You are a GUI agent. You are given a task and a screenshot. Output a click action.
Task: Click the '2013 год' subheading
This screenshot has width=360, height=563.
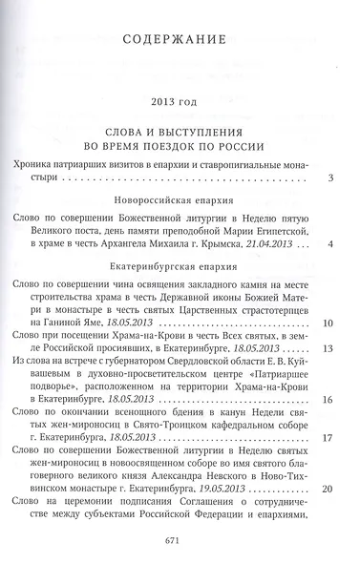click(180, 101)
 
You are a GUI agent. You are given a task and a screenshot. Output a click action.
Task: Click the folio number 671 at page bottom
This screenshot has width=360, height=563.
click(180, 539)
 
